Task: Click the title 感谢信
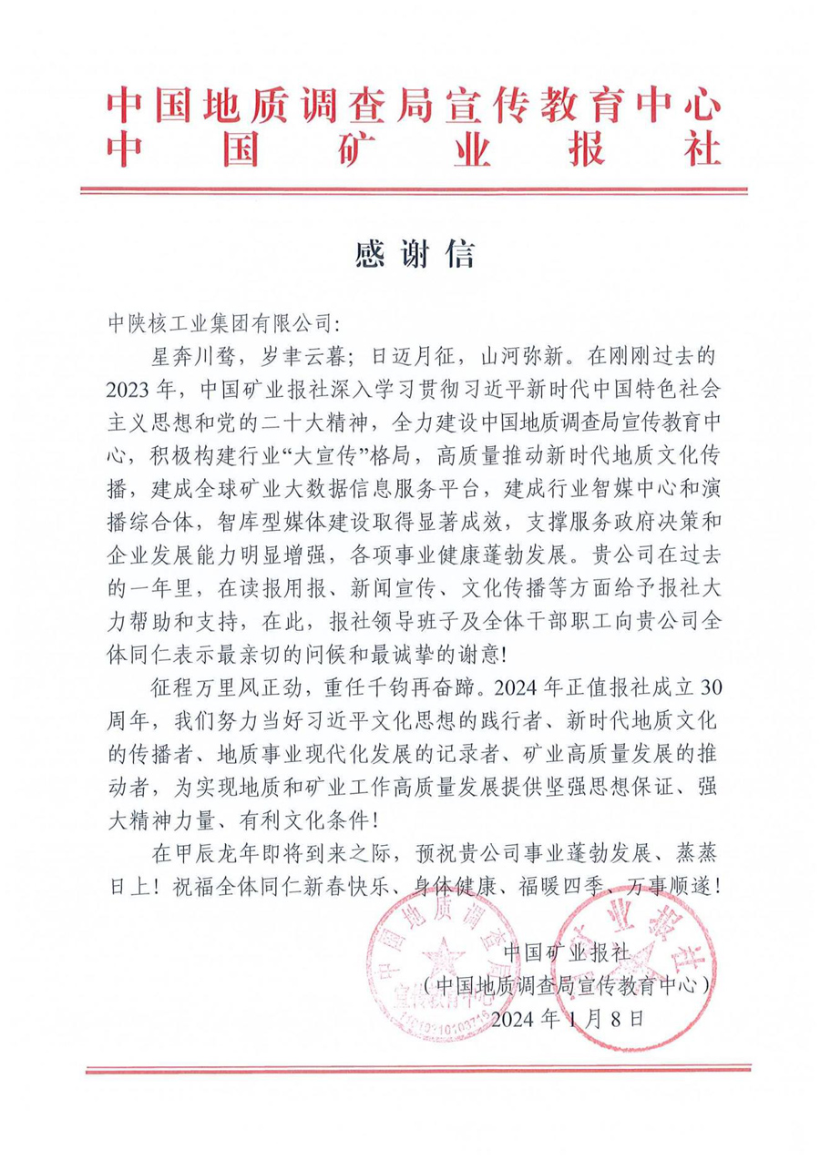[415, 254]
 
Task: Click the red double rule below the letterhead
[415, 190]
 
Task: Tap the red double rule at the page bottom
[415, 1069]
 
